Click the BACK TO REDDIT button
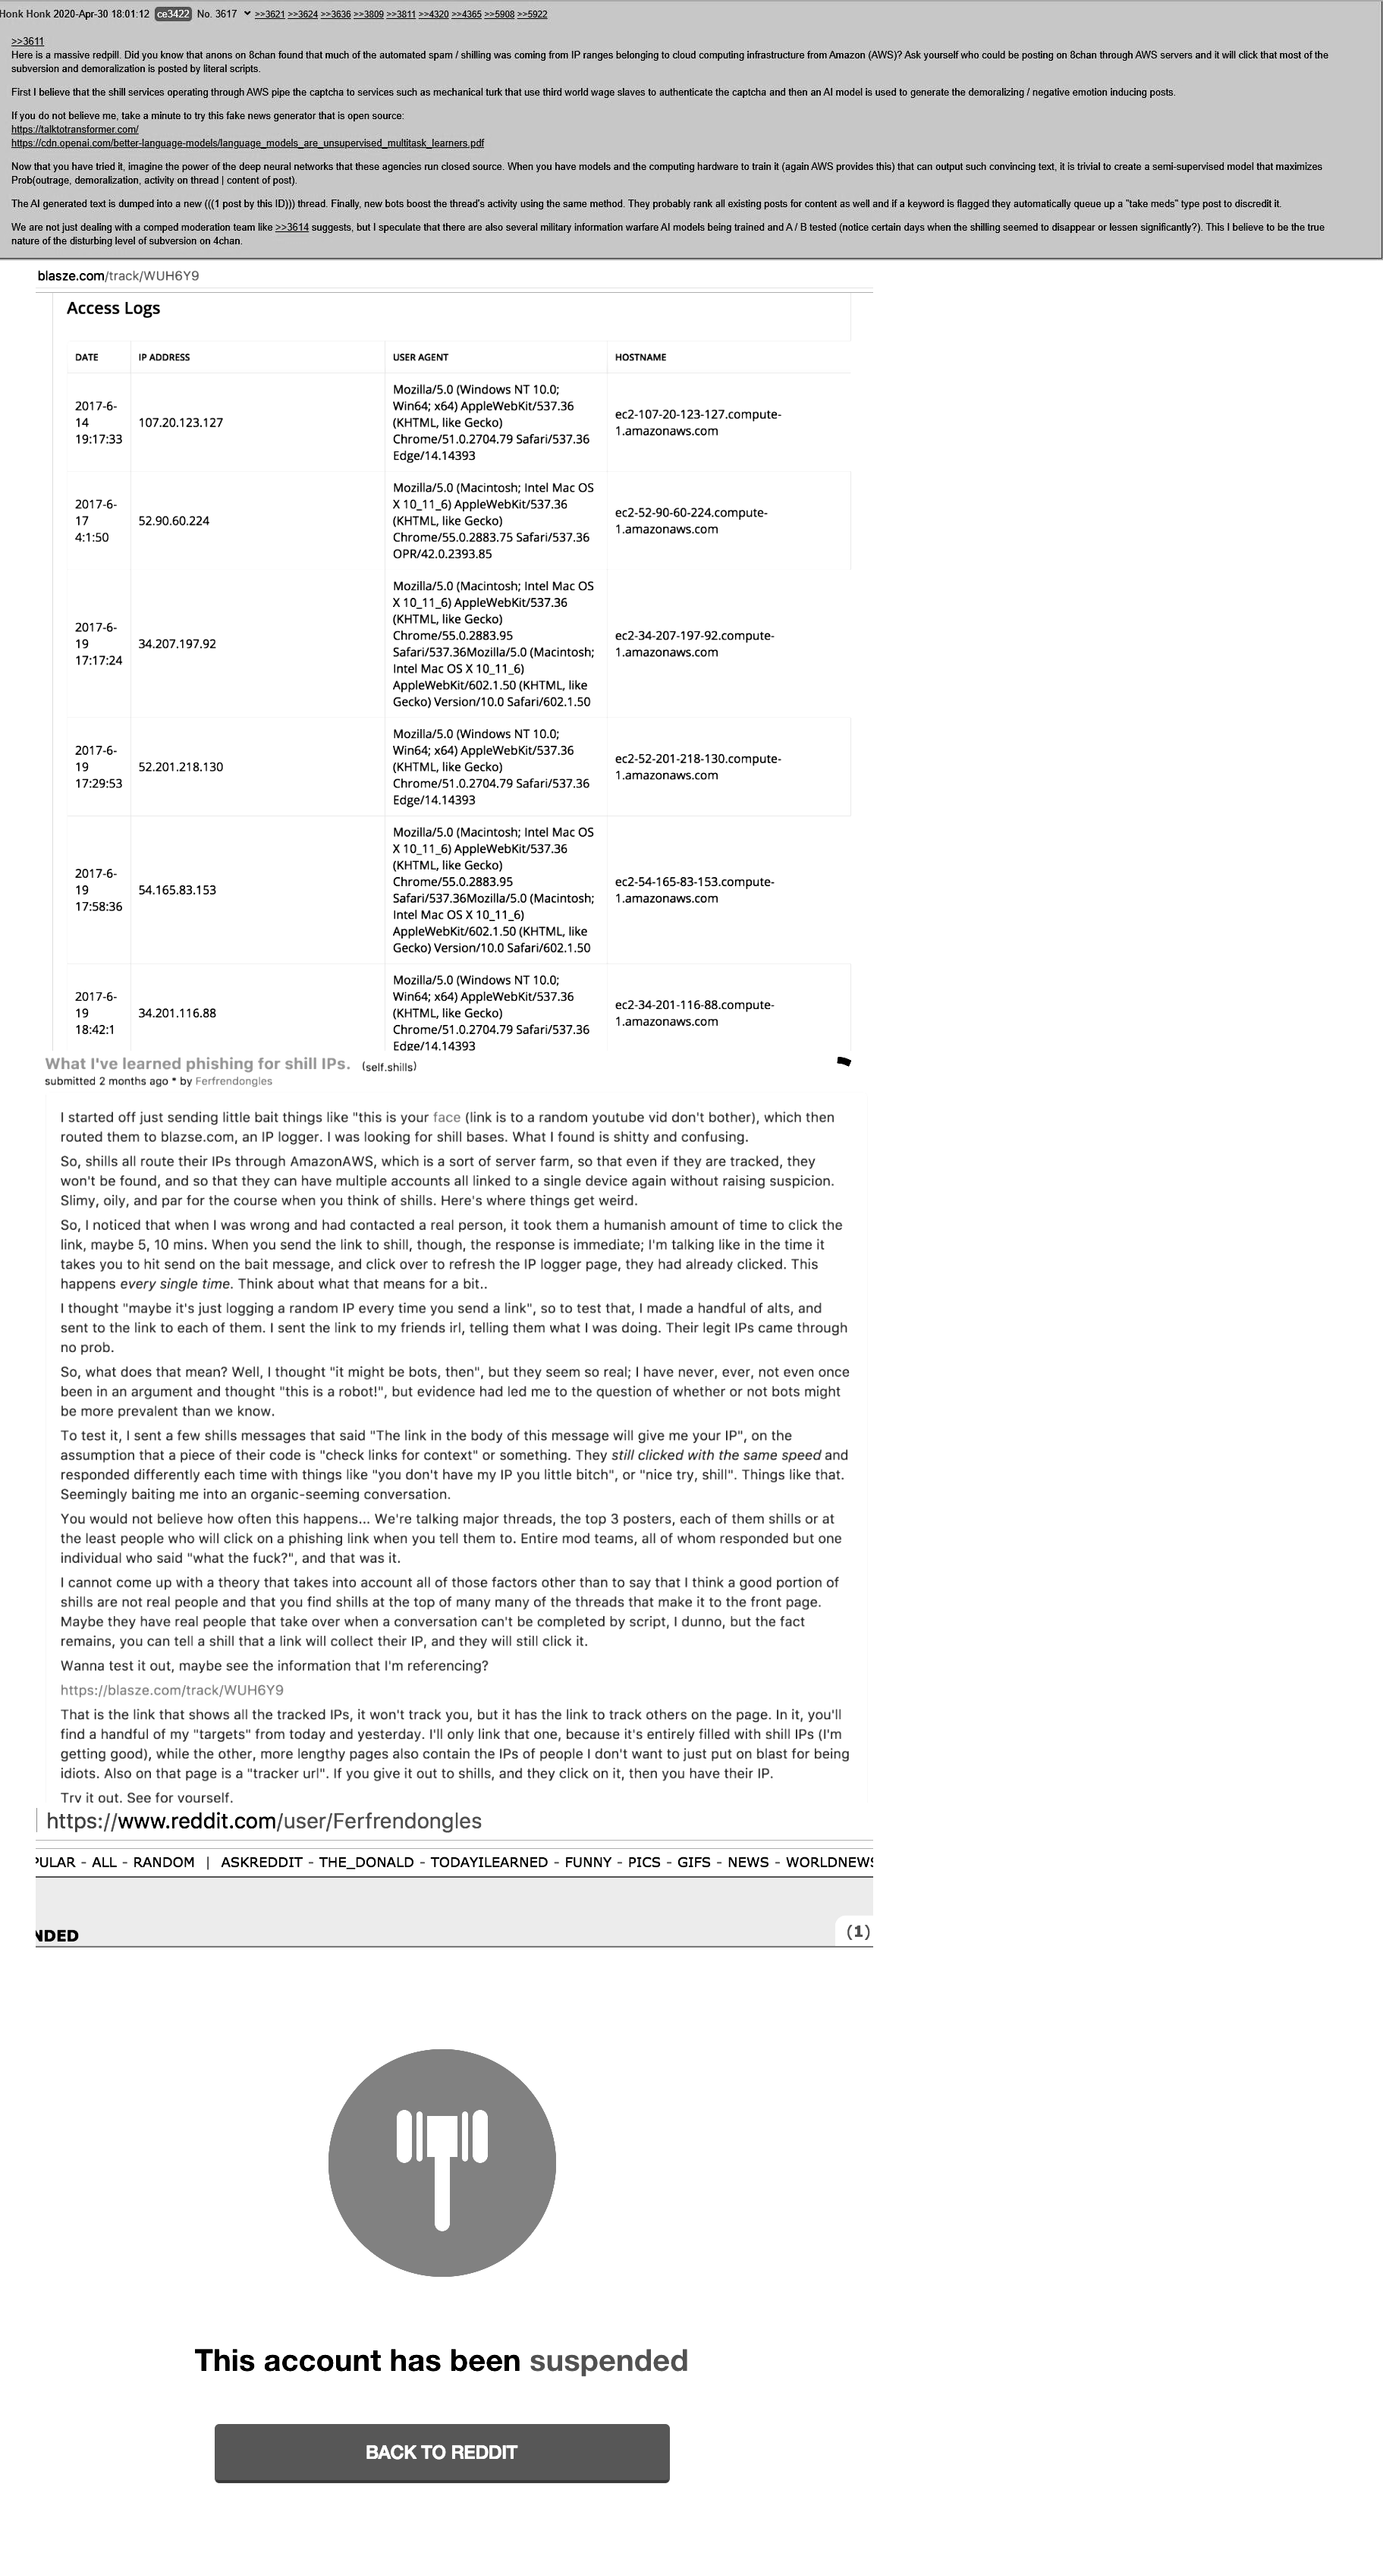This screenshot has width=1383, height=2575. coord(442,2452)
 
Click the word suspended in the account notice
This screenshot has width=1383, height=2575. coord(608,2360)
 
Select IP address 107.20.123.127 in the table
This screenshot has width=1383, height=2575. coord(181,423)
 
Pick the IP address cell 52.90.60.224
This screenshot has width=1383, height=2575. coord(174,520)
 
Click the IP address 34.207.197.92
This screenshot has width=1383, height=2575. coord(177,643)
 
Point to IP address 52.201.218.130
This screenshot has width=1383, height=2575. coord(181,767)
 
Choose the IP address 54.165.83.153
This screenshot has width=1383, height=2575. coord(177,890)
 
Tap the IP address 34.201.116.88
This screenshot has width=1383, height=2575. coord(177,1013)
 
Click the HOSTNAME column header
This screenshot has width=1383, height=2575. coord(640,357)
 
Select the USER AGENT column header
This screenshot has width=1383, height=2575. coord(421,357)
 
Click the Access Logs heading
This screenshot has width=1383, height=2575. coord(113,308)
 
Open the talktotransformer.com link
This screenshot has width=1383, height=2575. coord(75,129)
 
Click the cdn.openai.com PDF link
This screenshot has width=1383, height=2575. coord(248,143)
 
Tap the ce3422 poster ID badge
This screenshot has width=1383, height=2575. coord(173,14)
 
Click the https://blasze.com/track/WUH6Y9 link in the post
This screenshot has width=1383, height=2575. coord(172,1690)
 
